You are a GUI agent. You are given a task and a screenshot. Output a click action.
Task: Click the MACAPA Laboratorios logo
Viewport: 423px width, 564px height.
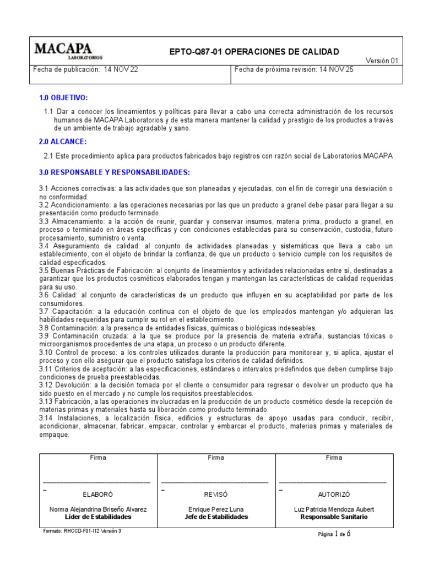(x=68, y=51)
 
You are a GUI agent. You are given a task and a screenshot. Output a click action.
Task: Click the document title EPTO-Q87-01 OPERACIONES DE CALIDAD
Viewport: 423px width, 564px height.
(x=254, y=52)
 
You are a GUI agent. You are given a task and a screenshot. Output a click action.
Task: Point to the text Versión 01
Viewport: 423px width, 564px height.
(x=382, y=61)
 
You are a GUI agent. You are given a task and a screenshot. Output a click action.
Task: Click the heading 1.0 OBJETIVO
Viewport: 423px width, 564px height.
(x=63, y=97)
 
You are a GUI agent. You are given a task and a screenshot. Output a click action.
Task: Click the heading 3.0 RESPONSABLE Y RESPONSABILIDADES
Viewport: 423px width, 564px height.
(x=114, y=172)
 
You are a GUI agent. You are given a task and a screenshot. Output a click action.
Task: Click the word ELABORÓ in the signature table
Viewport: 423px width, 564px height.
(x=98, y=495)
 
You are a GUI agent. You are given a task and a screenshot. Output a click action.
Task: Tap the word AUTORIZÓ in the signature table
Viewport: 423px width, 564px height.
(x=334, y=495)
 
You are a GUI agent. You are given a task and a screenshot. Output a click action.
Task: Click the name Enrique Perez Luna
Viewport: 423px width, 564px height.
(x=216, y=509)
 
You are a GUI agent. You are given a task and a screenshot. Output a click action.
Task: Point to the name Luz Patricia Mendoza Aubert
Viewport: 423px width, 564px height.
(x=334, y=509)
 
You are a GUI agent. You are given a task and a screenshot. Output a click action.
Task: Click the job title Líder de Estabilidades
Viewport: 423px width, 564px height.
(x=98, y=517)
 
